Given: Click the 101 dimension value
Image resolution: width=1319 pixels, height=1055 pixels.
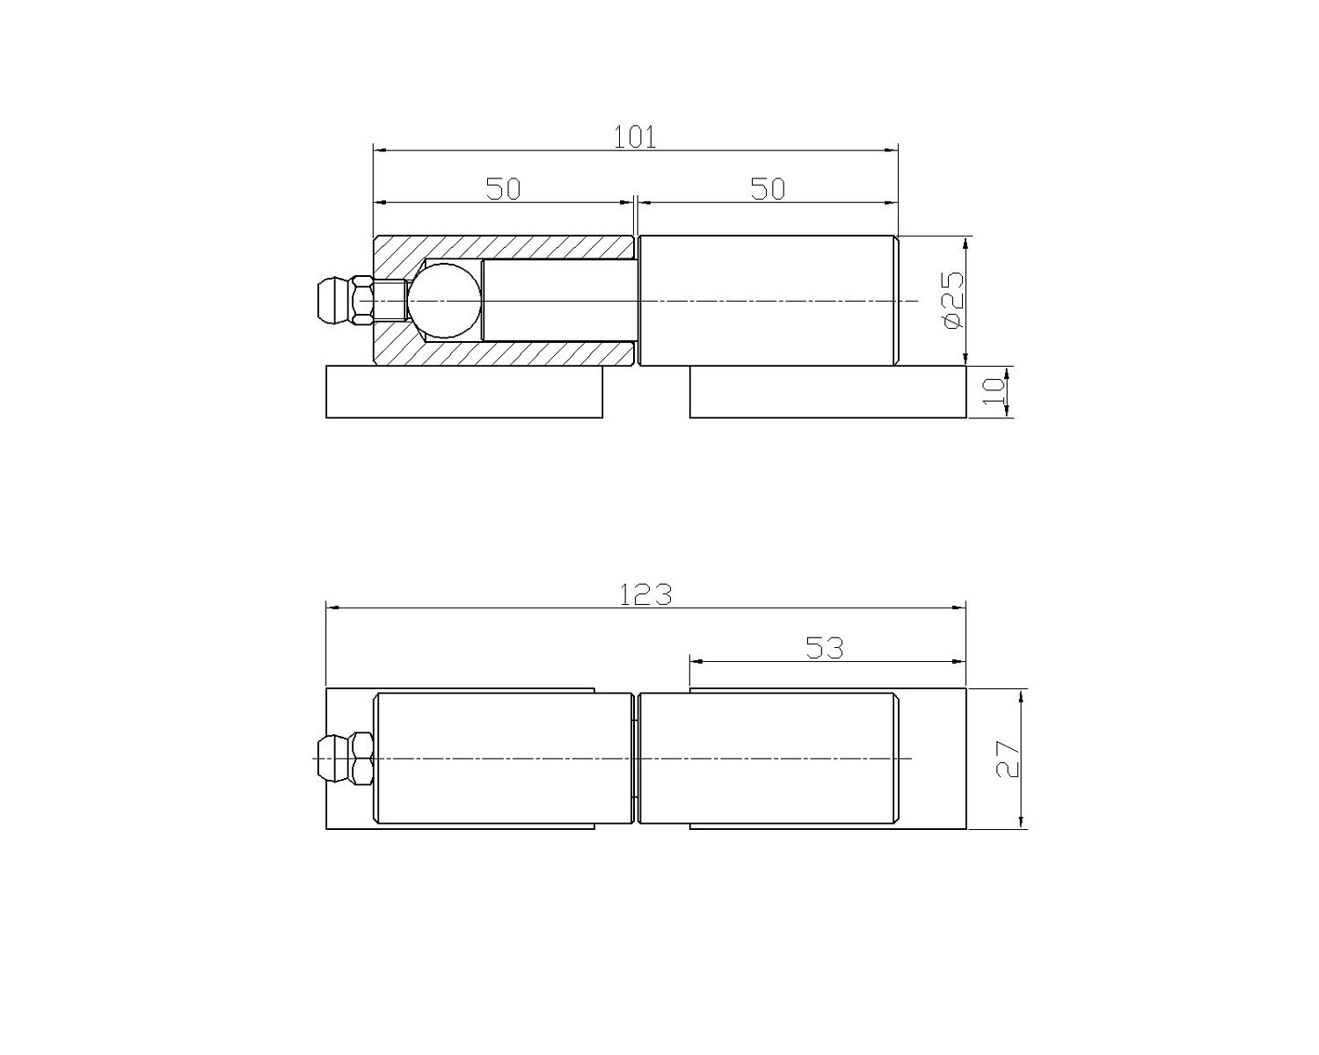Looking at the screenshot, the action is (x=635, y=137).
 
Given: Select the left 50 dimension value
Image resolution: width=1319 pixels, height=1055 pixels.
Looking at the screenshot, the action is (x=503, y=189).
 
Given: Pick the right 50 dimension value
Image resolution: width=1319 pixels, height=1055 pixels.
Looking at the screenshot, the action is (x=768, y=189).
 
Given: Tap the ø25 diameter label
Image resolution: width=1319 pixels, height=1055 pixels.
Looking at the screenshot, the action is (x=953, y=301).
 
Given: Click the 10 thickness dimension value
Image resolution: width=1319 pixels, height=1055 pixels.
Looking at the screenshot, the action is (x=994, y=391).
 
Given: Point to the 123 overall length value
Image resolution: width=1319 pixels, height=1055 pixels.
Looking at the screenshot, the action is (x=646, y=594).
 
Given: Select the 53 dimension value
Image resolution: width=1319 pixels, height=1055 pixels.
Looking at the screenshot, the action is (x=825, y=648).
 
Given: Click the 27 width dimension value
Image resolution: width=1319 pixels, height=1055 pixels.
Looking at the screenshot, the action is (x=1008, y=759).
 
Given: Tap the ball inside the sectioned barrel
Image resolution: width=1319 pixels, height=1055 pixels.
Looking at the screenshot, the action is (x=444, y=301).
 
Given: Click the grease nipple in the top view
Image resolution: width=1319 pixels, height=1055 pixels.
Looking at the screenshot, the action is (x=345, y=301).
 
